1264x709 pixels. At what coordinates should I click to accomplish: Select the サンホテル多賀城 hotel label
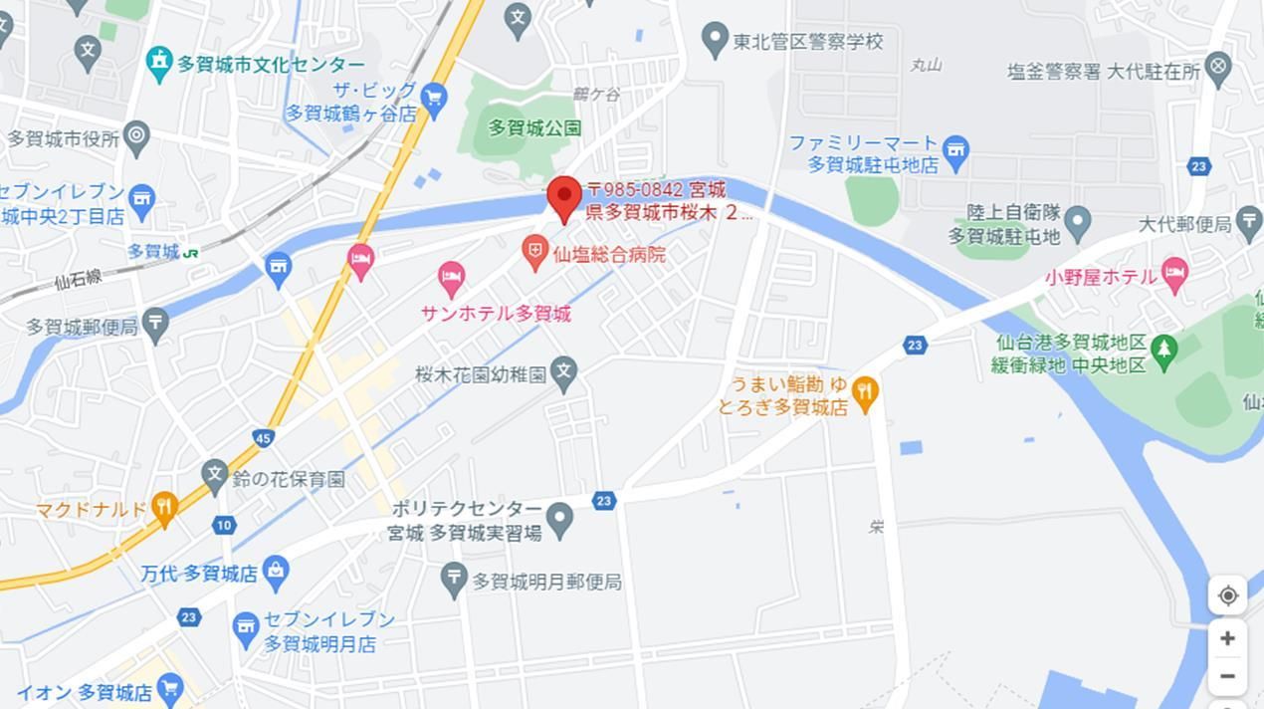click(x=496, y=314)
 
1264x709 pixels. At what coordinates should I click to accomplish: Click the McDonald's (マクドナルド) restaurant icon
click(x=164, y=508)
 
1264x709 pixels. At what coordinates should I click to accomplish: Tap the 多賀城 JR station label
click(x=154, y=252)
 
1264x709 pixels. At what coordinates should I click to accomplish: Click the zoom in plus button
click(x=1227, y=638)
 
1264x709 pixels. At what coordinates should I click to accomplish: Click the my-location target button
click(x=1227, y=595)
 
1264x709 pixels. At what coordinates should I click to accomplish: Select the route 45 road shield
click(x=263, y=438)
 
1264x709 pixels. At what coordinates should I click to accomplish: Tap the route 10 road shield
click(x=224, y=525)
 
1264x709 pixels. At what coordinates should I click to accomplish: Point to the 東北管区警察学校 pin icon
click(x=714, y=40)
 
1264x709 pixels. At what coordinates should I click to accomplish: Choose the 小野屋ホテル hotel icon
click(x=1175, y=275)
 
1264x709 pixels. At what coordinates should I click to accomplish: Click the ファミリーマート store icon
click(x=955, y=151)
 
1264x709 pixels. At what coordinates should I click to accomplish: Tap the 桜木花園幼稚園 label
click(x=482, y=374)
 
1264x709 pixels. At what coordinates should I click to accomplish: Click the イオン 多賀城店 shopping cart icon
click(x=170, y=688)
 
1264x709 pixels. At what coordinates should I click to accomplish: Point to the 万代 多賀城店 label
click(x=199, y=574)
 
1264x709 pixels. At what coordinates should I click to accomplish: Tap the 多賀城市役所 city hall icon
click(x=136, y=135)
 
